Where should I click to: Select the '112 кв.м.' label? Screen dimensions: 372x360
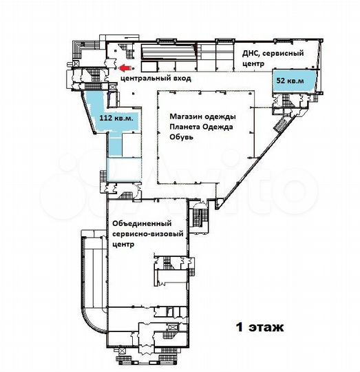(118, 118)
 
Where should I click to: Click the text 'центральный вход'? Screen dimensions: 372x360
(156, 79)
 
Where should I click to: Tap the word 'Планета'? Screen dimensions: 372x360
(186, 126)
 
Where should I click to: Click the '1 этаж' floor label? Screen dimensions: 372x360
(260, 327)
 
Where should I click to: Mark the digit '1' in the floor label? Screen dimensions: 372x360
(240, 327)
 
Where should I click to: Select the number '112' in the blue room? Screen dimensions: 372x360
(107, 118)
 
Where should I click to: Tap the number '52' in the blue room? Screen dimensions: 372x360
(281, 81)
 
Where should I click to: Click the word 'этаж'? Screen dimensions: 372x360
(266, 327)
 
